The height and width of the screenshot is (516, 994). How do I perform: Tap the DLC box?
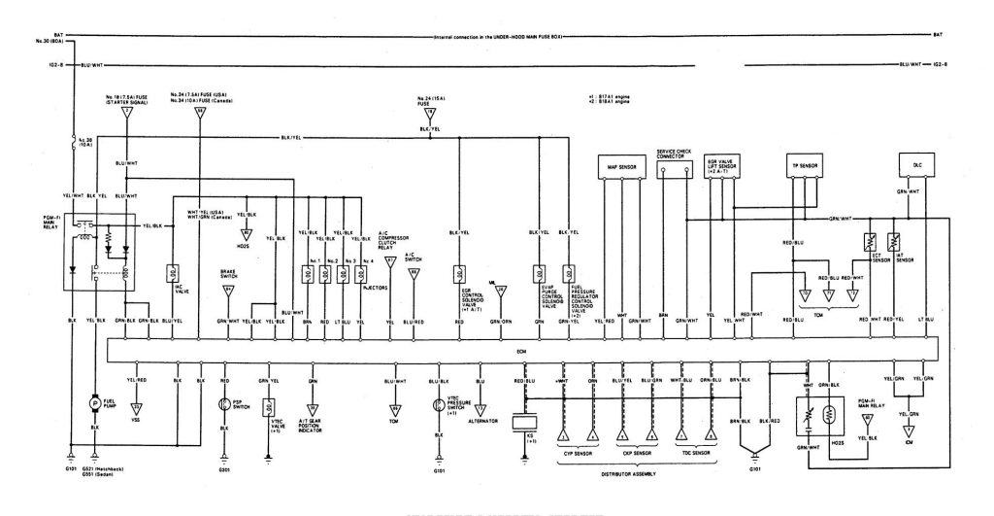(916, 166)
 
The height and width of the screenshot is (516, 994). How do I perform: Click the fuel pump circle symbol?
(95, 401)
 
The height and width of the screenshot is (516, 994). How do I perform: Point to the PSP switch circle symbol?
(224, 403)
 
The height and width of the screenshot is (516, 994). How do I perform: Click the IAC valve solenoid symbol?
(174, 275)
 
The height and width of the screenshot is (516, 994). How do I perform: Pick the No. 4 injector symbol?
(361, 276)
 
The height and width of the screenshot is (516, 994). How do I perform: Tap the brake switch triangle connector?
(229, 289)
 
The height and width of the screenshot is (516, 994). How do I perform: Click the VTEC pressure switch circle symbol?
(438, 404)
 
